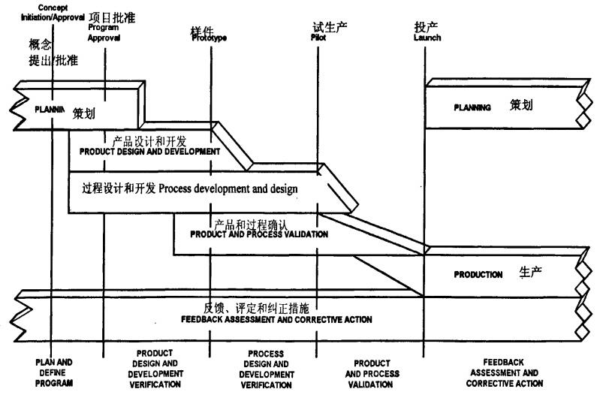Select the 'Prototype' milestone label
tap(209, 38)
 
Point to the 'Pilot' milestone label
tap(318, 37)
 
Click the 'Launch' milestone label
tap(427, 38)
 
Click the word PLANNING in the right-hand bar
tap(472, 107)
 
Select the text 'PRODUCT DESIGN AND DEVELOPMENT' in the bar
tap(149, 151)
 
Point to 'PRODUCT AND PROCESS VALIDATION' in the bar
tap(258, 234)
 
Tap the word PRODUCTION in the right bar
tap(478, 275)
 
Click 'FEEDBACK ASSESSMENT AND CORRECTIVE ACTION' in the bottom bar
tap(276, 320)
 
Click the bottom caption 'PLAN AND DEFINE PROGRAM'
tap(54, 372)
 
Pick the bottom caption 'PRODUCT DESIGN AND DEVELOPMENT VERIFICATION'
tap(155, 368)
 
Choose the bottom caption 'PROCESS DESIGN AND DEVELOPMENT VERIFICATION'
tap(266, 368)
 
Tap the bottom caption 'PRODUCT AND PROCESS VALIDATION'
tap(372, 373)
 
